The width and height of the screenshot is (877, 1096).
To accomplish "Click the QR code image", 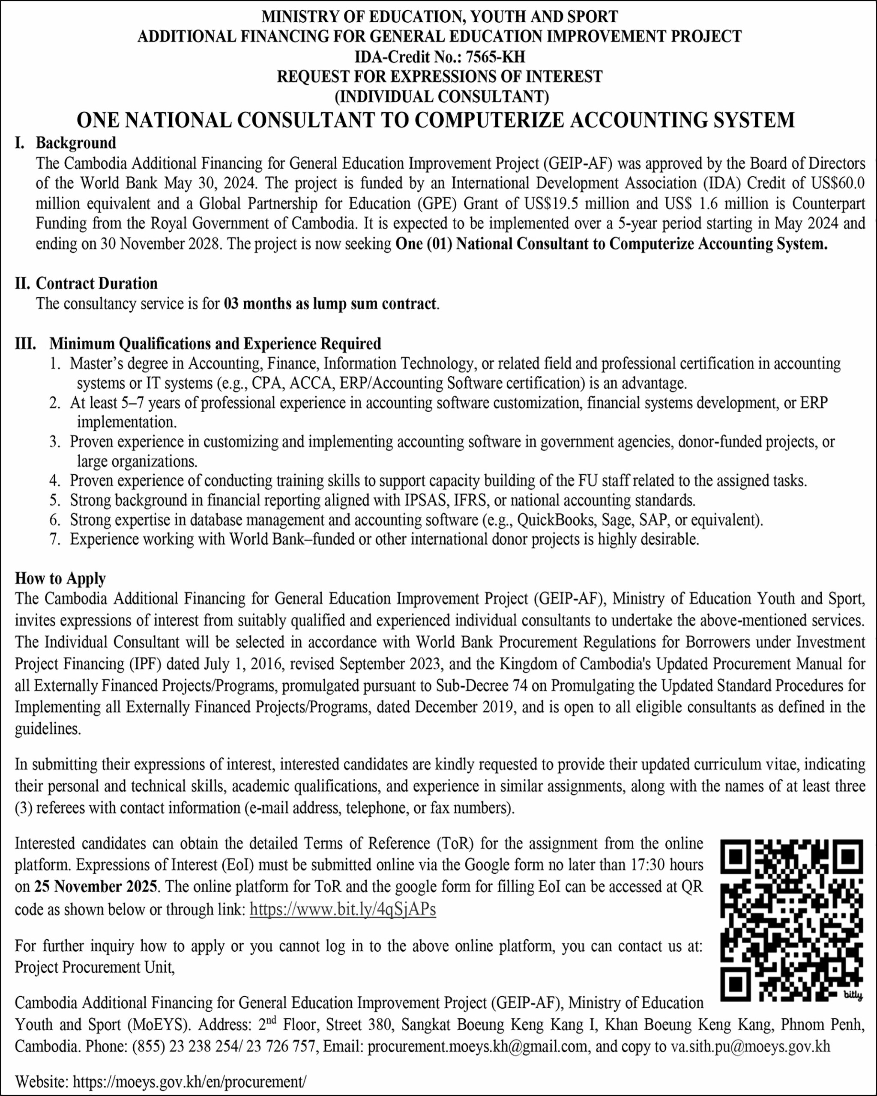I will point(792,921).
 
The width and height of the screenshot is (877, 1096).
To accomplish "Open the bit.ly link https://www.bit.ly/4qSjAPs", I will point(343,909).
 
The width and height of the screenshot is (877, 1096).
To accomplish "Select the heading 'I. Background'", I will point(66,143).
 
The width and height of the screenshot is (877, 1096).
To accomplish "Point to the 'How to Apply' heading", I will point(60,578).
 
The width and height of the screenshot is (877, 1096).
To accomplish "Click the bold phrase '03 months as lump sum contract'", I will point(330,304).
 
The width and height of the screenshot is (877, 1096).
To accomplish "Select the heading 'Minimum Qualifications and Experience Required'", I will point(215,344).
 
